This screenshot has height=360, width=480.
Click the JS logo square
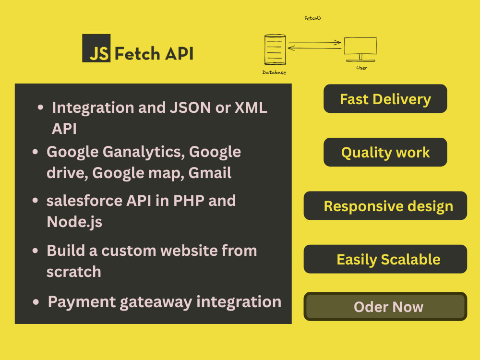(x=96, y=48)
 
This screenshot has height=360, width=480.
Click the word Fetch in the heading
(x=137, y=54)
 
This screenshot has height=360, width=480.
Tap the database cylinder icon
(x=275, y=49)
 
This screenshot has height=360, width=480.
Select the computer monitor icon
(x=360, y=49)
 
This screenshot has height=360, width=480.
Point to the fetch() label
(x=312, y=18)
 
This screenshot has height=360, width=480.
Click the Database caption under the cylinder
(x=274, y=72)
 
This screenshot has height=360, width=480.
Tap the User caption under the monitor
(x=361, y=68)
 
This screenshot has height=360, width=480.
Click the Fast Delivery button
(x=385, y=98)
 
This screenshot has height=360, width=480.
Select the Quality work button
(x=385, y=152)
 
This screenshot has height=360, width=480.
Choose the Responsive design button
(x=385, y=206)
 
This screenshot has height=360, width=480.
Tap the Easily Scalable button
(x=385, y=259)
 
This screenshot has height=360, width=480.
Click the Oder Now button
(x=385, y=306)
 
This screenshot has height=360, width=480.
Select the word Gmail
(x=210, y=173)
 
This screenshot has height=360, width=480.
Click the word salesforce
(x=84, y=201)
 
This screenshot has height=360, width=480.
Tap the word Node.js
(x=74, y=222)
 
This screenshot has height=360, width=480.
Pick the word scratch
(x=74, y=272)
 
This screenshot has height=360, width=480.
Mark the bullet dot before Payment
(x=36, y=302)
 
